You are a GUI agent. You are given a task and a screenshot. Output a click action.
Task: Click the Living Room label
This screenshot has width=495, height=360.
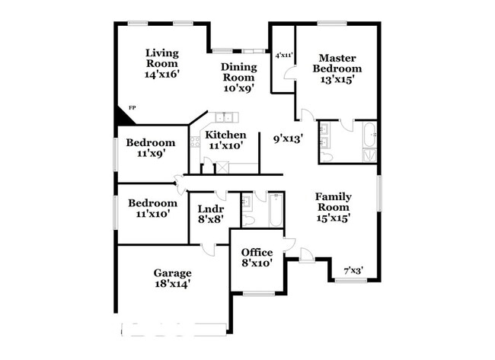coord(161,58)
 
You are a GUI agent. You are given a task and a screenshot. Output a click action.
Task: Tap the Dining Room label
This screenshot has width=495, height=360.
coord(238,72)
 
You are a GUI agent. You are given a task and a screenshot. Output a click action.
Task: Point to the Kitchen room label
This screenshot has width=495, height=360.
coord(225,135)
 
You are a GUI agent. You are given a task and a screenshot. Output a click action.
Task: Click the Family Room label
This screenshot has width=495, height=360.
coord(333,201)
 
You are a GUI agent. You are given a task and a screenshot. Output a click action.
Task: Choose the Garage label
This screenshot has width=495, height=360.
coord(172,273)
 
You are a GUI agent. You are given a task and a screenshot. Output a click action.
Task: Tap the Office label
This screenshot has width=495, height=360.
coord(257,253)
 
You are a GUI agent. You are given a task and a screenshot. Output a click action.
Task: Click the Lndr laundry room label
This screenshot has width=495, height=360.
coord(209,209)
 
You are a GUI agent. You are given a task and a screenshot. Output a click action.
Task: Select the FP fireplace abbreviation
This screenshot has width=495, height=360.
coord(132,108)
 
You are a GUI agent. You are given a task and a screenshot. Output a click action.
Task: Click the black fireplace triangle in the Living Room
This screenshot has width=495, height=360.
coord(122,119)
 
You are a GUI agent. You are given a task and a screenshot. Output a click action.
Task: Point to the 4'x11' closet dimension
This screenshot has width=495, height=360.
coord(283,55)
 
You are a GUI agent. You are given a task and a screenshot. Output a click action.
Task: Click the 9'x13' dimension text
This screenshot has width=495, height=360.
coord(289,139)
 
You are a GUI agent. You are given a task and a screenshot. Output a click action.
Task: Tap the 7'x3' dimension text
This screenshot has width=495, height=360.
coord(353,270)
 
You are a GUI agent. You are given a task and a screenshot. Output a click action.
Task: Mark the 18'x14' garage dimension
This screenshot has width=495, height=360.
coord(172,283)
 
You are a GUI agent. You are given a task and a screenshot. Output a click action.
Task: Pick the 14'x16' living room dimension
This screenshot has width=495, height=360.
coord(161,75)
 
